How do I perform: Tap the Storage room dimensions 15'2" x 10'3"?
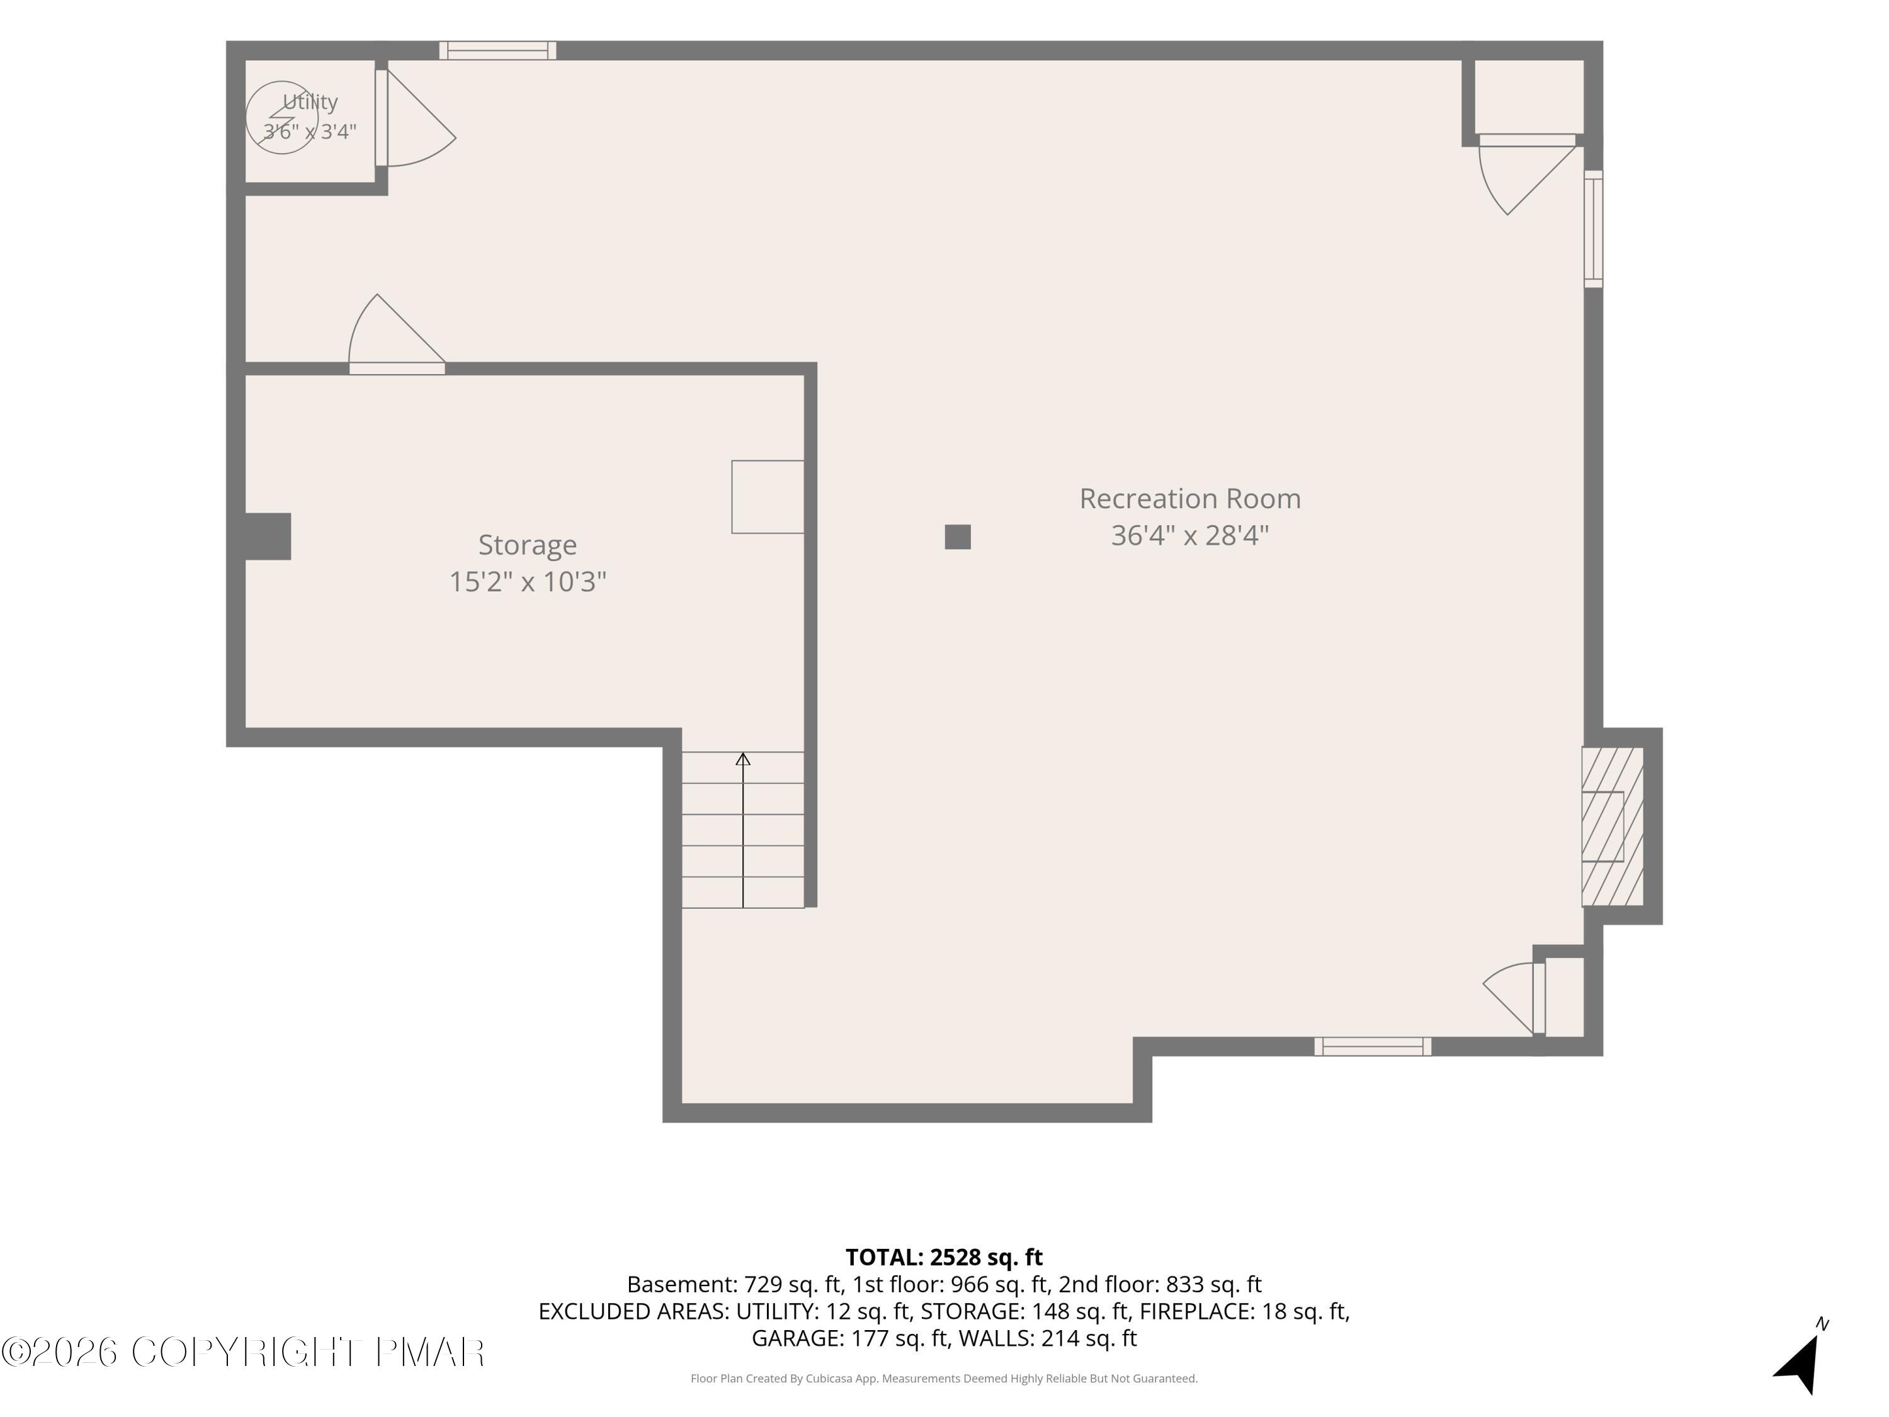coord(528,582)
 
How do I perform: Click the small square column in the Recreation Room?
coord(957,537)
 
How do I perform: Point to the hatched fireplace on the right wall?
coord(1613,826)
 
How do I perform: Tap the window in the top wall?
coord(498,50)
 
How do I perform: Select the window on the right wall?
coord(1594,229)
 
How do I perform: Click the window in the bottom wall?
coord(1372,1046)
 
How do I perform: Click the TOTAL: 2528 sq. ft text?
coord(944,1257)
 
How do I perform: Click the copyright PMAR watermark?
coord(242,1352)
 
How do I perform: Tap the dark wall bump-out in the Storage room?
coord(268,537)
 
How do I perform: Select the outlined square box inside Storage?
coord(768,497)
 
